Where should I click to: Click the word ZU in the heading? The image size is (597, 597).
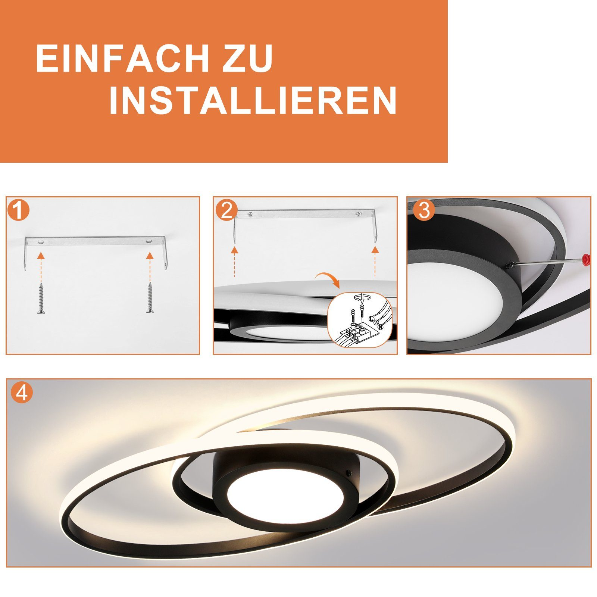[x=248, y=58]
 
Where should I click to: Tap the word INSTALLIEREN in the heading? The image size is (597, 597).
[x=253, y=100]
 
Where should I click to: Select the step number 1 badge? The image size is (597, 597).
[x=18, y=210]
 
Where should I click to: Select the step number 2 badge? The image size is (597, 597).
[x=226, y=210]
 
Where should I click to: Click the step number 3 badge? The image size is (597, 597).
[x=424, y=210]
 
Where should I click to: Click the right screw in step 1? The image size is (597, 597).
[x=150, y=297]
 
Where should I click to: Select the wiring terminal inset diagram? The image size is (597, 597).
[x=359, y=320]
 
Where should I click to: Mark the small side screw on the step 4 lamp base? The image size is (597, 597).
[x=349, y=472]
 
